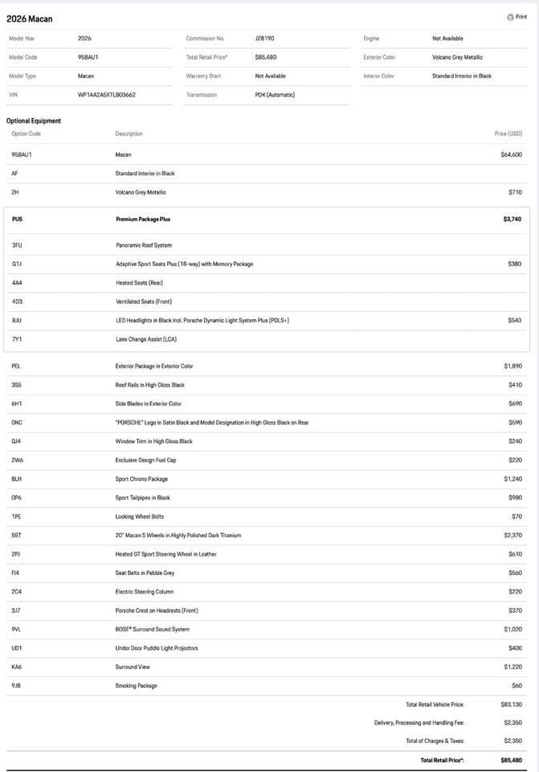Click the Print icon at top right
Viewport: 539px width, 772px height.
[510, 17]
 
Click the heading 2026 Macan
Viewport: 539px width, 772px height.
[30, 18]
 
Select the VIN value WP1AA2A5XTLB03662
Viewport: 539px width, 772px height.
[107, 95]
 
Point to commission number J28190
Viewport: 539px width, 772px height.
[264, 39]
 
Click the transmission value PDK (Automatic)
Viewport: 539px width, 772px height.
[275, 95]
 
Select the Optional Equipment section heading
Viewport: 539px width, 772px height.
[34, 121]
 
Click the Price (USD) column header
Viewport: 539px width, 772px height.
[508, 133]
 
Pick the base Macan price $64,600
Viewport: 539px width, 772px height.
[511, 154]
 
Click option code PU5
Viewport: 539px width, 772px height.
[18, 219]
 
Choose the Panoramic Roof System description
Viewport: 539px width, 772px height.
[144, 245]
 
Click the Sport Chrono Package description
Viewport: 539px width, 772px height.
[141, 479]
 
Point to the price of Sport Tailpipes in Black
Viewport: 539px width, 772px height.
[515, 498]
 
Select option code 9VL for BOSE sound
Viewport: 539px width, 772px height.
[17, 630]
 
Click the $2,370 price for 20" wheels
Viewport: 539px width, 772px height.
[512, 536]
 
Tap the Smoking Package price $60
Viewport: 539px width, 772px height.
[517, 686]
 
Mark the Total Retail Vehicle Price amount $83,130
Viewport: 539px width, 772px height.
[511, 704]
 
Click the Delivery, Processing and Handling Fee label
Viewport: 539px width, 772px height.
[419, 723]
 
